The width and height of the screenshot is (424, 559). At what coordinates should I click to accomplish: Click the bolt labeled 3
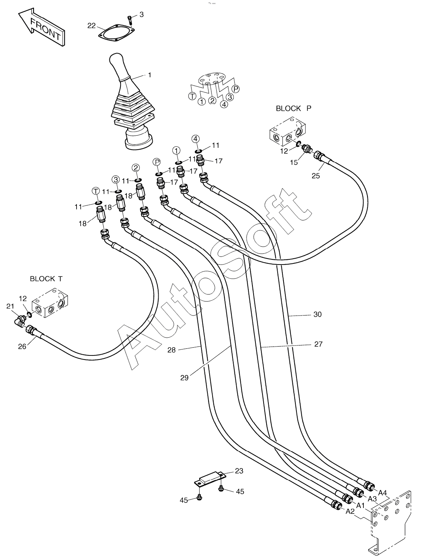point(130,20)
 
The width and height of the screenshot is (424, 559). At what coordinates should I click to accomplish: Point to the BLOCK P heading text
point(294,109)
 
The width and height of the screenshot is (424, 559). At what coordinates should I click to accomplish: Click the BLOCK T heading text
point(46,279)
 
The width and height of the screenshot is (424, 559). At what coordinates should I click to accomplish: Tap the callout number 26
point(22,347)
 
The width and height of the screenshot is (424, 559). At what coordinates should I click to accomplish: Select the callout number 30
point(318,314)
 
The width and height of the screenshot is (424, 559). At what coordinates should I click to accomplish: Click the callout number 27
point(319,344)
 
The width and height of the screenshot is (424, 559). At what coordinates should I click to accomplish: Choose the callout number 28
point(172,350)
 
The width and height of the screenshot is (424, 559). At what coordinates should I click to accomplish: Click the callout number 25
point(316,176)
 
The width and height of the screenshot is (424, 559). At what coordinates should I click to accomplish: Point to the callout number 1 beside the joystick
point(150,75)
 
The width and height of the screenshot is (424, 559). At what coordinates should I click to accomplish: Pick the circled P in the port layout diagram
point(236,89)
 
